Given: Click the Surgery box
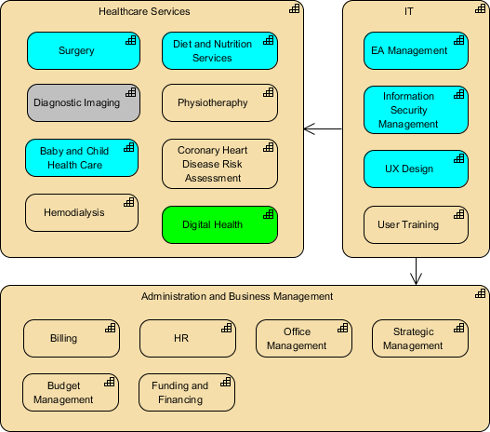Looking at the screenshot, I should (83, 51).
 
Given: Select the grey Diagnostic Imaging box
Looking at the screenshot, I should (83, 103).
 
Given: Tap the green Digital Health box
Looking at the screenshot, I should (219, 224).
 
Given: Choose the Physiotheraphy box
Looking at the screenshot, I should (219, 103).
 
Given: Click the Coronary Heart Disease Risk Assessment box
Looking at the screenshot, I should (219, 164).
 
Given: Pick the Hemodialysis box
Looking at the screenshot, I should (83, 212).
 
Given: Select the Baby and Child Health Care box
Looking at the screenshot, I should (83, 158).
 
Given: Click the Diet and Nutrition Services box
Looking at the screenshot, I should (219, 51).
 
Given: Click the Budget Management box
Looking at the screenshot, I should (71, 392).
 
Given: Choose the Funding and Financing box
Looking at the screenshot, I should (187, 392).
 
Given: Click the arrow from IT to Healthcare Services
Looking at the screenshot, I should (324, 128).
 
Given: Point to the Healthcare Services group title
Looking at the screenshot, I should (144, 11).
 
